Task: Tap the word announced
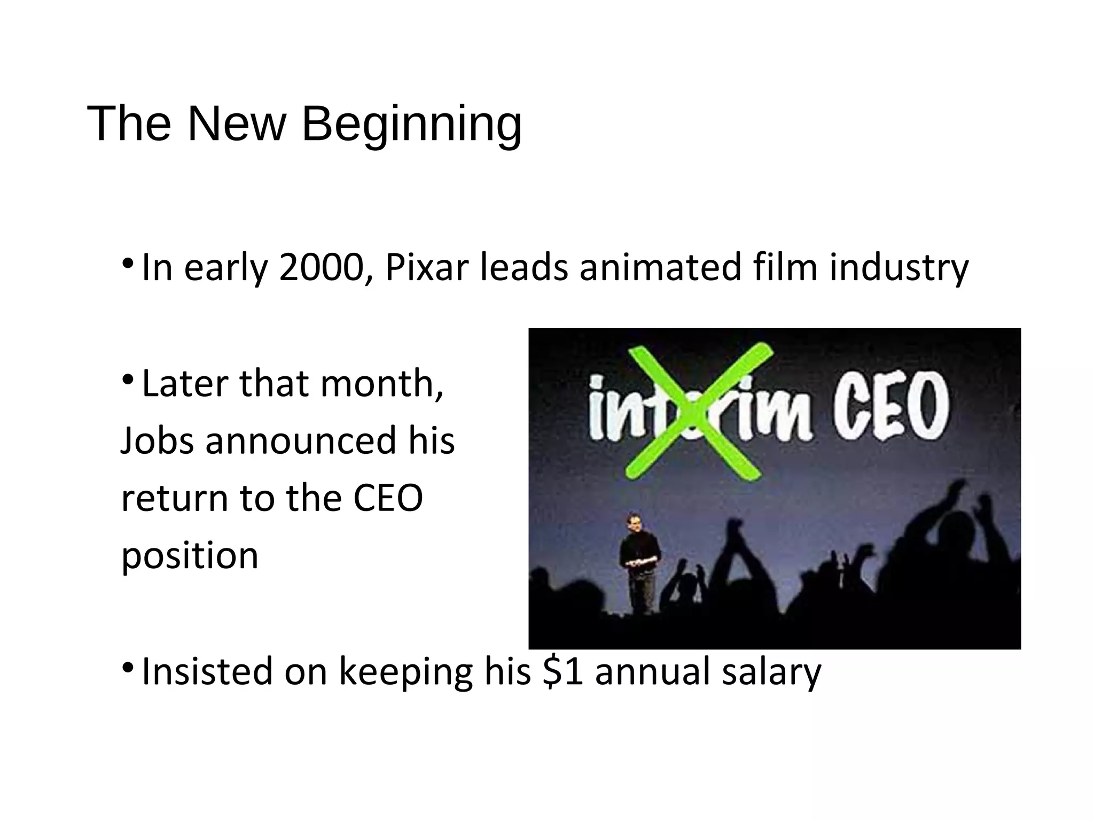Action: point(301,441)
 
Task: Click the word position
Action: point(190,556)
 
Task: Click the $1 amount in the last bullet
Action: point(562,671)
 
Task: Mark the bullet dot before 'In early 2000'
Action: point(127,263)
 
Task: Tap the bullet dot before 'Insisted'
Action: point(127,667)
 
